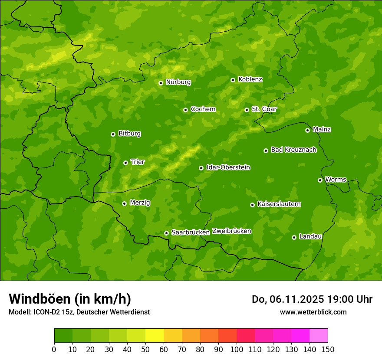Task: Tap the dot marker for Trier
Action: click(x=125, y=163)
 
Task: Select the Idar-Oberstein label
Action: click(x=228, y=167)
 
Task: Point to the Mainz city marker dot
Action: click(x=307, y=130)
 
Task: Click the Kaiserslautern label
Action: click(x=279, y=204)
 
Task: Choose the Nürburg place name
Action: click(x=178, y=82)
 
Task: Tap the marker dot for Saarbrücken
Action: click(x=166, y=233)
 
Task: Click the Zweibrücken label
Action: click(x=231, y=231)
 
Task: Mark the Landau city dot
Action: click(x=294, y=237)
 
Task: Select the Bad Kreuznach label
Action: click(x=293, y=150)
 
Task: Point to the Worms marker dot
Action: click(x=320, y=180)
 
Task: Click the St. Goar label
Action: click(x=264, y=109)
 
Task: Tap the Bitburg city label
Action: click(x=129, y=134)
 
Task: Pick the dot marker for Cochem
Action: click(x=185, y=110)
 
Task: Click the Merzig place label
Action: click(x=140, y=203)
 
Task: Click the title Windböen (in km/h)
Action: click(x=70, y=299)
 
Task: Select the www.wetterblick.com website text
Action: click(x=313, y=312)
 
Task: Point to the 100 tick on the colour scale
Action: click(x=237, y=349)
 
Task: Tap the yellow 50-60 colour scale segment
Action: click(x=155, y=336)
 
